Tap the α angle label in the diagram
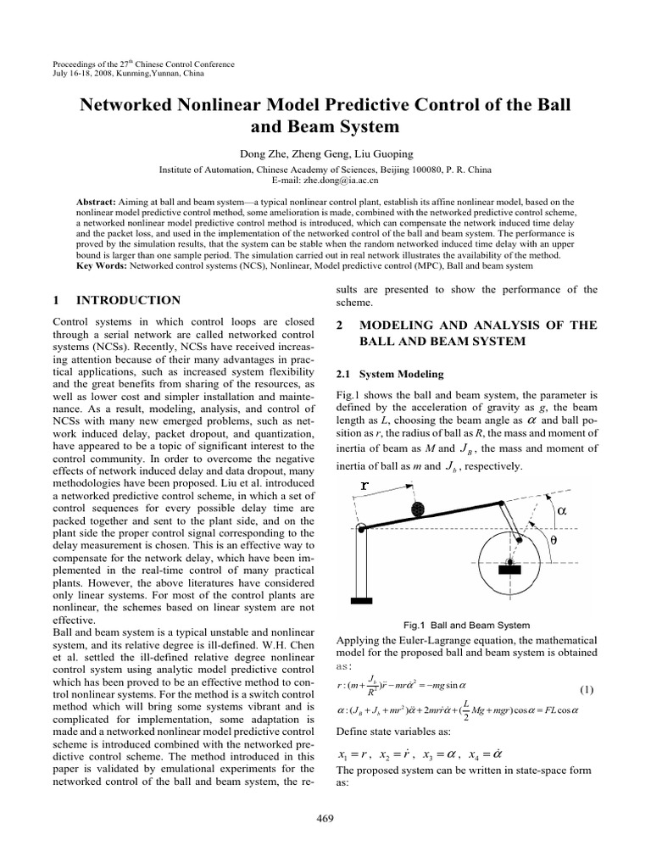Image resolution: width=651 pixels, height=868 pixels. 561,510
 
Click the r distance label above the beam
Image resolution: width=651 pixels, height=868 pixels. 365,487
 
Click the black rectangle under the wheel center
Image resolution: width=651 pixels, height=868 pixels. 509,570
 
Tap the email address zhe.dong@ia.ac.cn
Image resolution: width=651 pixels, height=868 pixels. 325,181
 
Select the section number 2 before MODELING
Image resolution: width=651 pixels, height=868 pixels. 340,325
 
